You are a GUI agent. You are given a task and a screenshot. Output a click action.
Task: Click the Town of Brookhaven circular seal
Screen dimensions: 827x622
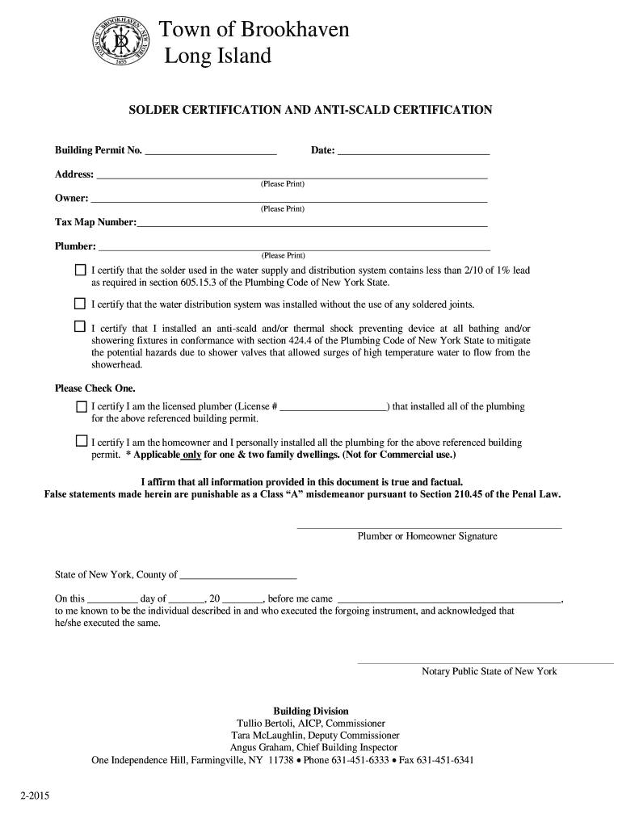(x=120, y=41)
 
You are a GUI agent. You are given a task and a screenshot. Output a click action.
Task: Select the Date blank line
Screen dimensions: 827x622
(x=414, y=153)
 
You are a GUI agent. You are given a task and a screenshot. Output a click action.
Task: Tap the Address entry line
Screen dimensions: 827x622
(x=291, y=176)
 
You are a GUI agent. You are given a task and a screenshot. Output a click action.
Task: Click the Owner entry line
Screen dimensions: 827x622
(x=288, y=200)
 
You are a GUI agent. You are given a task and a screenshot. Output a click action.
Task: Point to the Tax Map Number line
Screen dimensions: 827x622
(x=312, y=225)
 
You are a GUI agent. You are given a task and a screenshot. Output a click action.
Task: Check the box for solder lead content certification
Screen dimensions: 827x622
(x=80, y=269)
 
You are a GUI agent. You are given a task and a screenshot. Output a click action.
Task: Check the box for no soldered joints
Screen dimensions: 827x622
(x=80, y=304)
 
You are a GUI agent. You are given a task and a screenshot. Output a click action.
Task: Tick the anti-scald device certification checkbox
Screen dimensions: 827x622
(x=80, y=327)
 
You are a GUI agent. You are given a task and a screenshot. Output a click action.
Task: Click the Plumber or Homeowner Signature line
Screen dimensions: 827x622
(x=429, y=527)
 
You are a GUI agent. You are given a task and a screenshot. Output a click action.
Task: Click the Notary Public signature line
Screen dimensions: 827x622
(x=485, y=662)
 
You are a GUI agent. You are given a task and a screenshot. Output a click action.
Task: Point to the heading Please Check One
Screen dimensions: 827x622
(x=95, y=388)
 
